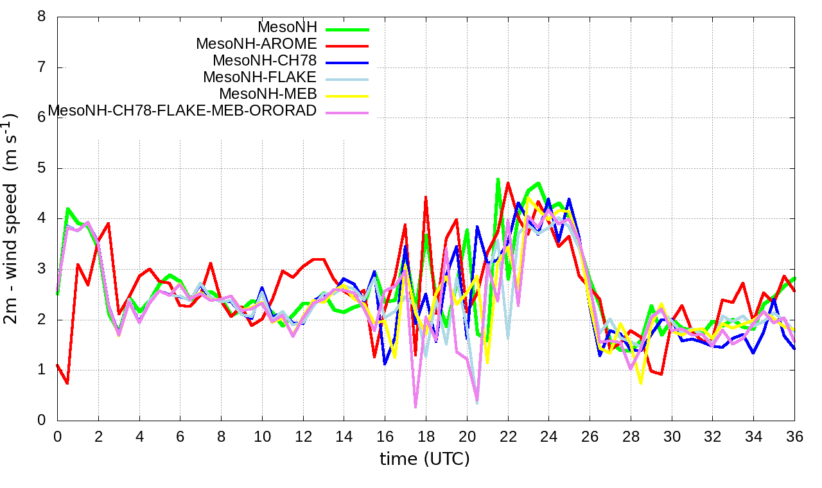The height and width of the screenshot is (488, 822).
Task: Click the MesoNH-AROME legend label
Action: pos(256,44)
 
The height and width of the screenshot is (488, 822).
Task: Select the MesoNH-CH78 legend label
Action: pos(265,61)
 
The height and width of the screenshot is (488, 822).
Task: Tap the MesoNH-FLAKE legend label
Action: pos(260,78)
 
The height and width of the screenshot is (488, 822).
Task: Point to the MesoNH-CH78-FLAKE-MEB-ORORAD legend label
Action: pos(182,110)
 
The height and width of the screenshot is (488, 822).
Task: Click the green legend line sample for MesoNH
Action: pos(347,29)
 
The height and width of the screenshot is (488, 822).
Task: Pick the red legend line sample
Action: pos(347,46)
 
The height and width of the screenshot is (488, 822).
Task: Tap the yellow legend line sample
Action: pos(347,96)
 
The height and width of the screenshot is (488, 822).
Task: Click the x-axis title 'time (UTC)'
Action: pos(424,458)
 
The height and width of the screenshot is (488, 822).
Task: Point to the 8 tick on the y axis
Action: pos(42,17)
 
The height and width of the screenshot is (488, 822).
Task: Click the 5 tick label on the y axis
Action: pos(42,168)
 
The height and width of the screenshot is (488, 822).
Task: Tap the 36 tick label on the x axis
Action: pos(794,436)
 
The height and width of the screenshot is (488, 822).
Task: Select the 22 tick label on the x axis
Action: pos(508,436)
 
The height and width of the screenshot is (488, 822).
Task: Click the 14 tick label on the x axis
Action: pos(344,436)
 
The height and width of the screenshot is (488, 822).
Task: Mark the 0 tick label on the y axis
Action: pos(42,421)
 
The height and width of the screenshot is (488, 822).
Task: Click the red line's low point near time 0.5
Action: pos(67,383)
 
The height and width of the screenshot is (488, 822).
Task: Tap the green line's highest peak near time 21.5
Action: pos(498,179)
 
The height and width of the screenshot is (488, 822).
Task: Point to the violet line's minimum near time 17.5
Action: pos(415,406)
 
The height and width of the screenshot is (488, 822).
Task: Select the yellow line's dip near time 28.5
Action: pos(640,383)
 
